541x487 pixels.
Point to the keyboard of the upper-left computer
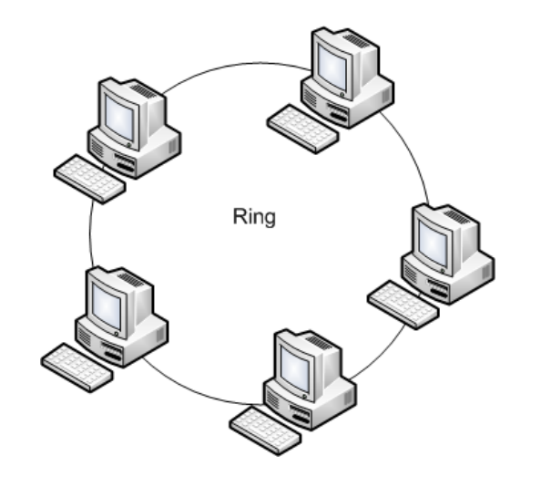pos(89,178)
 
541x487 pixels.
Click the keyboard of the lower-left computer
pos(77,367)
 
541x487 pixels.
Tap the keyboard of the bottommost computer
pos(264,430)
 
